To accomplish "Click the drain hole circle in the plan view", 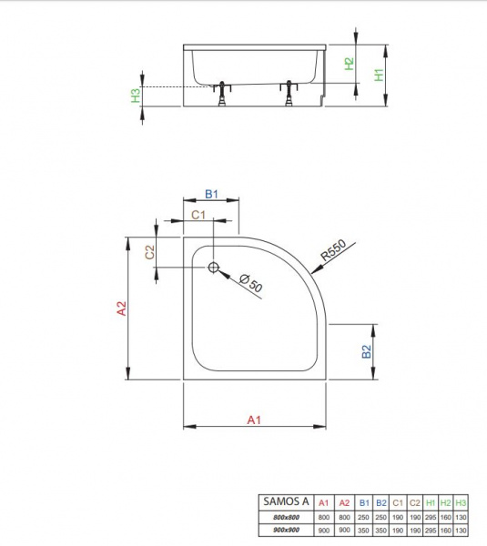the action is (214, 268).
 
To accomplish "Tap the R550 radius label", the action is (333, 250).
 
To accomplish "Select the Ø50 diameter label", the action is (251, 283).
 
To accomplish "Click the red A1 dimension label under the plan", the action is (254, 420).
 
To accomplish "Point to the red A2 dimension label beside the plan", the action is (121, 308).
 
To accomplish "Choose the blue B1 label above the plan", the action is (211, 194).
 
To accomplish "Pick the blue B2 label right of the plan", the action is (367, 351).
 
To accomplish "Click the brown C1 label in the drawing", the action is (198, 215).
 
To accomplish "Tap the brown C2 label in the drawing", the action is (149, 252).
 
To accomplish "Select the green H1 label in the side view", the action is (379, 75).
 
